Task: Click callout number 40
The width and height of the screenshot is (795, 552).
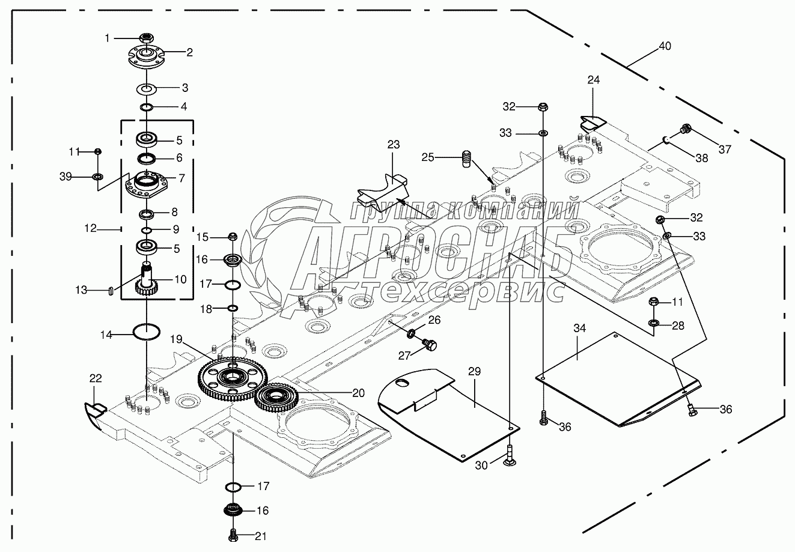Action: click(665, 46)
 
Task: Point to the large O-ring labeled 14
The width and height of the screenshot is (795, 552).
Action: click(146, 331)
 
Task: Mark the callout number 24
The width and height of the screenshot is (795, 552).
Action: click(594, 80)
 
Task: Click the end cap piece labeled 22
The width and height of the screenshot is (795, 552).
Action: click(94, 414)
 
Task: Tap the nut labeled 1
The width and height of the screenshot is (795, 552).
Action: click(147, 39)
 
